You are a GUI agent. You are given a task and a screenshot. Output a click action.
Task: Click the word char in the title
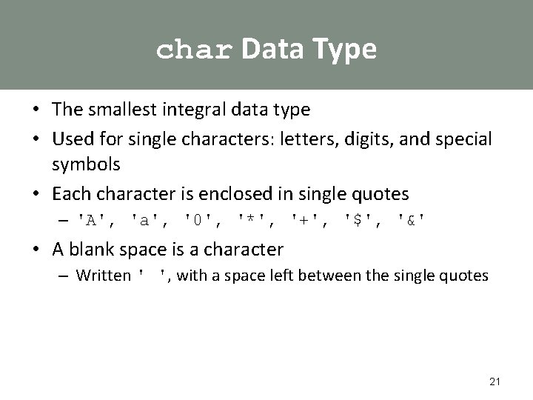click(195, 50)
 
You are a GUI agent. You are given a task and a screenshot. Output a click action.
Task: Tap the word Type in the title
click(345, 49)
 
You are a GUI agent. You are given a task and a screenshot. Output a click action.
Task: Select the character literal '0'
click(198, 220)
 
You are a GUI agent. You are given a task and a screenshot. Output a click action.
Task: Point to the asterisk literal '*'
click(251, 220)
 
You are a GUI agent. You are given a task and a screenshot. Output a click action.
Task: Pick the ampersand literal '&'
click(412, 220)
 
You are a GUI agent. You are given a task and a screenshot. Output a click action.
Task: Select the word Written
click(103, 276)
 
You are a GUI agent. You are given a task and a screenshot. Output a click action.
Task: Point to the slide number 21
click(495, 382)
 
